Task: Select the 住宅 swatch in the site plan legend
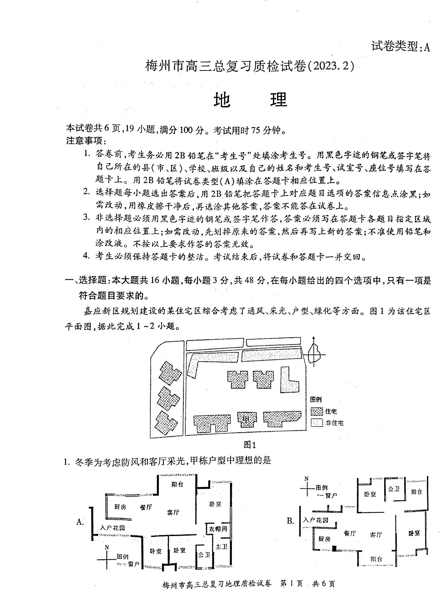[x=317, y=411]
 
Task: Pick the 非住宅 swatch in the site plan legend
[x=317, y=423]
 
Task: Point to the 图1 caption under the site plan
[x=250, y=445]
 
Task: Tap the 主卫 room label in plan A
[x=222, y=546]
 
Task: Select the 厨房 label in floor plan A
[x=120, y=507]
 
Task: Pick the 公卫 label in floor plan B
[x=394, y=489]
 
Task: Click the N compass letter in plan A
[x=107, y=547]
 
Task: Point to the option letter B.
[x=290, y=521]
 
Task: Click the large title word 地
[x=222, y=100]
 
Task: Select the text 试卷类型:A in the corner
[x=400, y=46]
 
